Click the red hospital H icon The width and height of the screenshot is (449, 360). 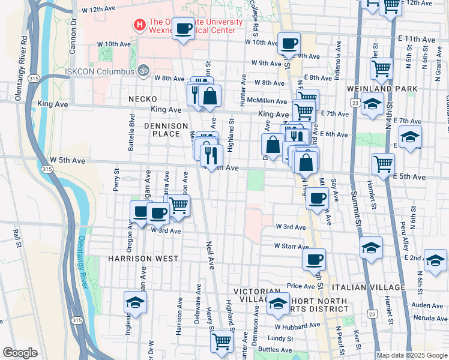(x=140, y=25)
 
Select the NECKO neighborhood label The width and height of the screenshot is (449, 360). (x=142, y=98)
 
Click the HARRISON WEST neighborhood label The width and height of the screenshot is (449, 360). (x=143, y=258)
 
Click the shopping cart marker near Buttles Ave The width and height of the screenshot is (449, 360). (x=221, y=340)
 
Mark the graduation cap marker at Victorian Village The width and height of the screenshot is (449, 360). (x=278, y=304)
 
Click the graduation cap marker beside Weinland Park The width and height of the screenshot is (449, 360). (x=372, y=104)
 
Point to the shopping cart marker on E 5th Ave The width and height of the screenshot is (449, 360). (x=383, y=163)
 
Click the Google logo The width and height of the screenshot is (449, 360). (x=20, y=352)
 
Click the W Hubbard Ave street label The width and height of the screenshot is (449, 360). (x=298, y=326)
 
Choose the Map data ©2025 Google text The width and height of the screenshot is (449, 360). (x=412, y=355)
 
